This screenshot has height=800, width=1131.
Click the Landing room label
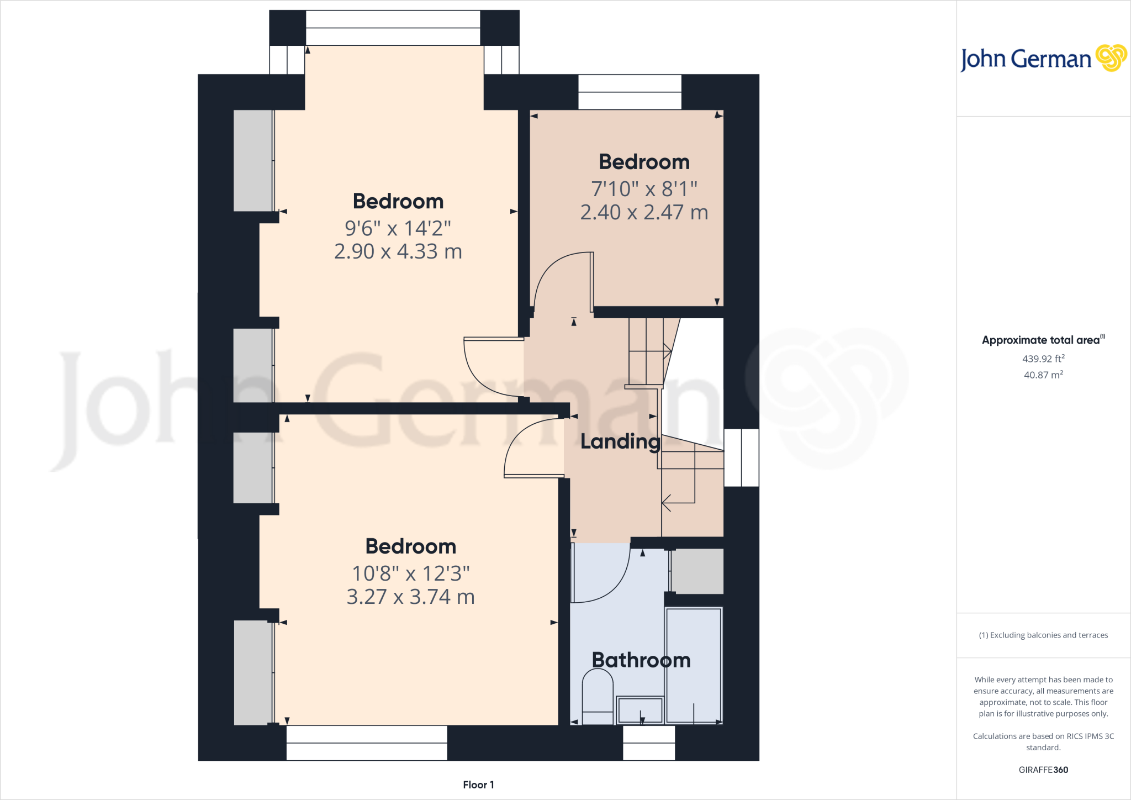pos(620,441)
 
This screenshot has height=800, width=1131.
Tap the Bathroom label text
pos(641,660)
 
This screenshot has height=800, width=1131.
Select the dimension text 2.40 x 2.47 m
pos(644,212)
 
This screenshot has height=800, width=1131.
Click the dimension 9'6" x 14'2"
pos(398,228)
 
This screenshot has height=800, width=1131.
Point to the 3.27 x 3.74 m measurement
pos(410,597)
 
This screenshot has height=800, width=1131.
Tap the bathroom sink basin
pos(640,710)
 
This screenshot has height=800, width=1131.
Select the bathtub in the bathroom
pos(694,665)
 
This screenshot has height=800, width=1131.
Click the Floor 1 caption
pos(478,785)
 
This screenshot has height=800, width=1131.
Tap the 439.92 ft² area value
pos(1043,359)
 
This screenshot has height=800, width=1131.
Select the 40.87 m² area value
pos(1043,375)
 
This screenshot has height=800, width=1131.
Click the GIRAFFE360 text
pos(1043,770)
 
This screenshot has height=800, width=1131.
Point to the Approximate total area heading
pos(1043,340)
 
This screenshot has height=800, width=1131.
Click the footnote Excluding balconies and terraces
pos(1043,635)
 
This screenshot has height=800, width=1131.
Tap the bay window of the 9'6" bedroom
pos(393,28)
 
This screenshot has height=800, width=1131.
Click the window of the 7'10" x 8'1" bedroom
pos(630,92)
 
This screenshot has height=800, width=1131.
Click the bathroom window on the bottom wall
pos(649,743)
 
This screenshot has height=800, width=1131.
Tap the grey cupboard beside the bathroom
pos(697,571)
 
